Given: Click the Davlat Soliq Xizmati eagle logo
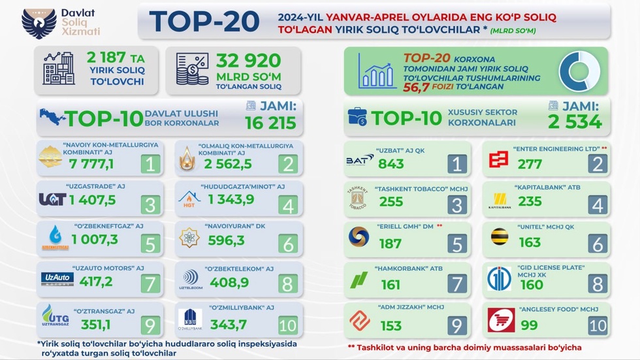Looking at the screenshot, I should (39, 22).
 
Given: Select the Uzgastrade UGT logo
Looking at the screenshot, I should (52, 199).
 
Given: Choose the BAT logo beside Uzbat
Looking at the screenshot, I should (360, 161).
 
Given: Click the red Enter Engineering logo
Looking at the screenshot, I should (500, 159).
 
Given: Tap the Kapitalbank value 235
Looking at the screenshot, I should (530, 202).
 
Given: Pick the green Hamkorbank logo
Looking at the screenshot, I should (359, 280).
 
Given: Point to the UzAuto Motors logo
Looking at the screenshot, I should (57, 279).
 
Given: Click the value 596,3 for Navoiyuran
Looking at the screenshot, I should (227, 240).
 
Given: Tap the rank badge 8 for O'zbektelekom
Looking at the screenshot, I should (287, 284).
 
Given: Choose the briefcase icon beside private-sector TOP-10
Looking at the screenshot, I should (357, 117).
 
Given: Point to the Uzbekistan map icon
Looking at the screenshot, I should (52, 117).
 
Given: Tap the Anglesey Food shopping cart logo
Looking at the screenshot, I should (501, 320).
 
